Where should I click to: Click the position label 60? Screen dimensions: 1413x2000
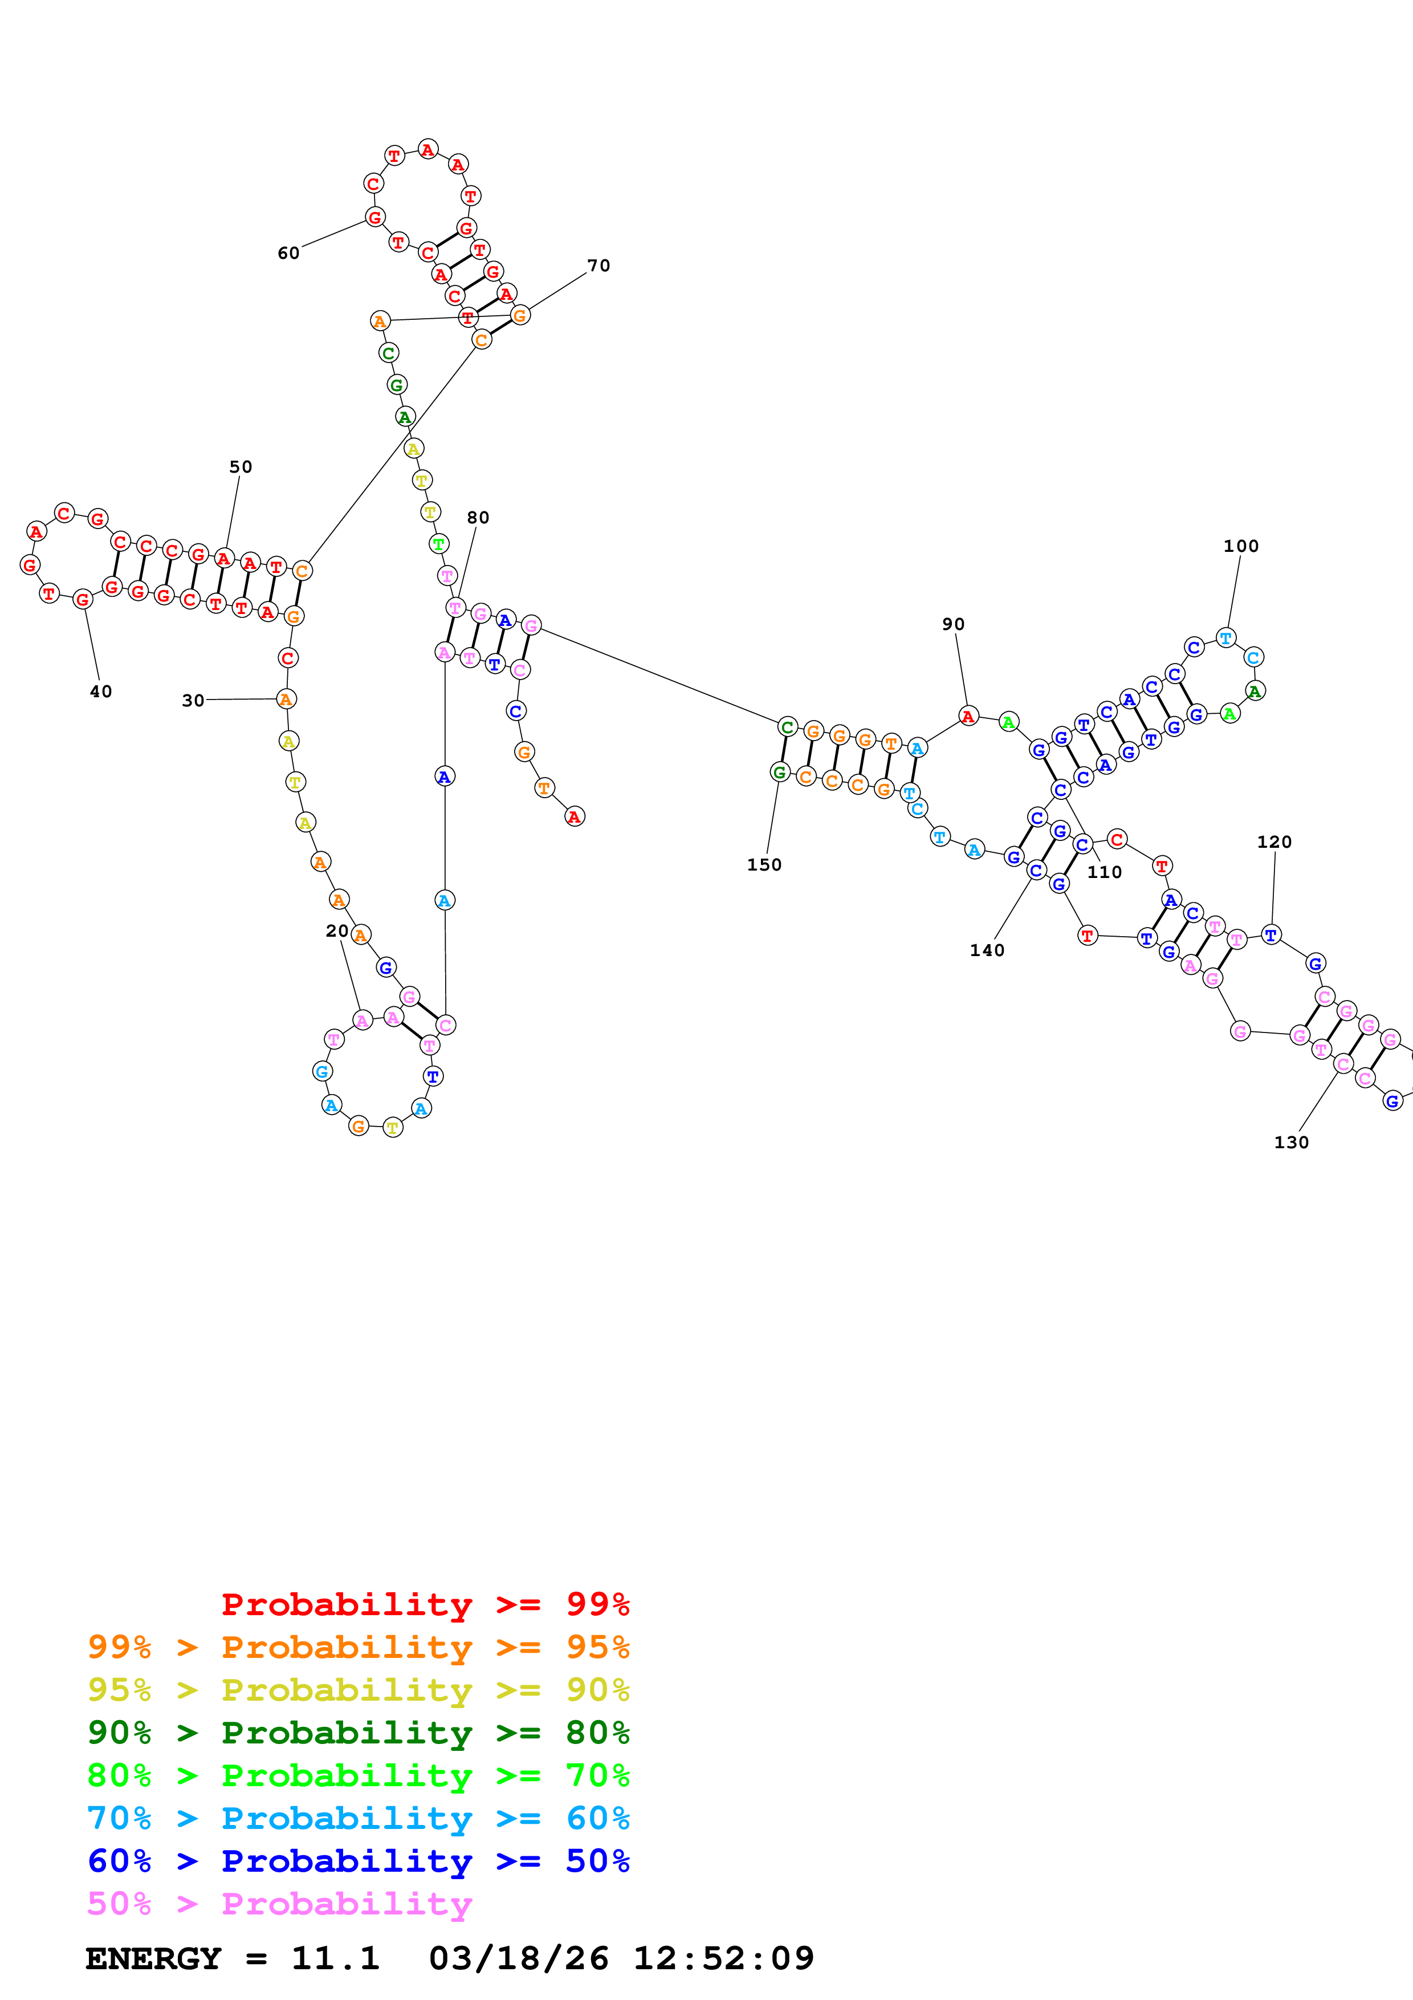[288, 254]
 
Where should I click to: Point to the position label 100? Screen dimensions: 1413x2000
[1241, 546]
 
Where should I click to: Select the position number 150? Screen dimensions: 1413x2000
[764, 865]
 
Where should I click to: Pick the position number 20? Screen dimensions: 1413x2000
[337, 931]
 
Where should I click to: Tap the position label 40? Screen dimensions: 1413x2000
[101, 692]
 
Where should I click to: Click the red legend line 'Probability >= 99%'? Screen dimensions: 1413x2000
[425, 1604]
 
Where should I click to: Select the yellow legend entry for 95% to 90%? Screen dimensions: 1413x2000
[358, 1690]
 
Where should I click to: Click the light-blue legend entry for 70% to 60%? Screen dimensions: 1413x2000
[358, 1818]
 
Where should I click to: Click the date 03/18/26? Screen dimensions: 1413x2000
[518, 1958]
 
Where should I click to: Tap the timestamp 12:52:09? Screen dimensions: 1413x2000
[723, 1958]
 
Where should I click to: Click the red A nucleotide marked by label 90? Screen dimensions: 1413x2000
[967, 716]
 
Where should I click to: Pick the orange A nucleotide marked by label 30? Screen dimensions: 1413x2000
[286, 698]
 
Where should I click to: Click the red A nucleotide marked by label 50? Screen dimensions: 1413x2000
[224, 558]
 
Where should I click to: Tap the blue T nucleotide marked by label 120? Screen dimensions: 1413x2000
[1271, 934]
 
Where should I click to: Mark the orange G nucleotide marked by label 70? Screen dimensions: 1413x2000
[520, 315]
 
